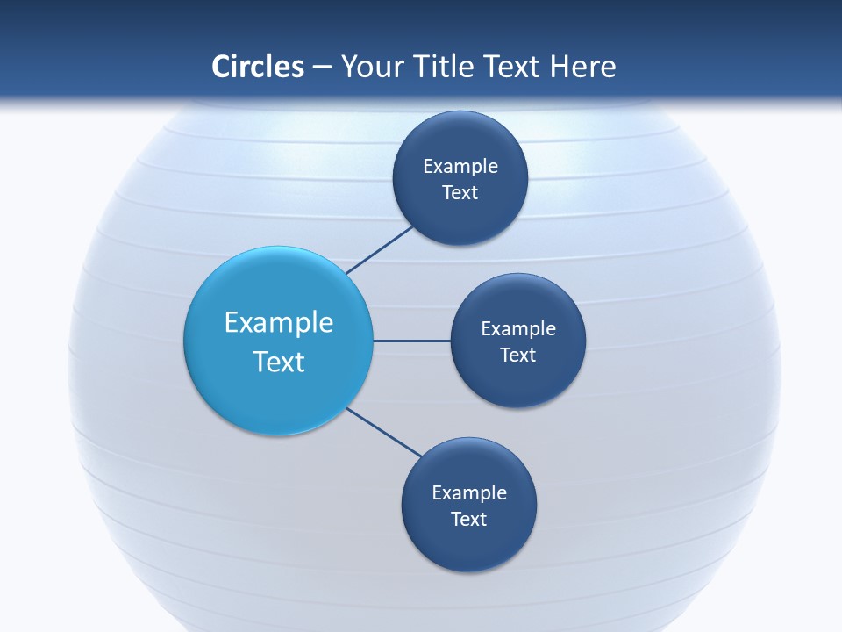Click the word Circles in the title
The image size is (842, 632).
[257, 67]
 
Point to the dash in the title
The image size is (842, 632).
[321, 68]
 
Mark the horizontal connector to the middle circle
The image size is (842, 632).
[412, 341]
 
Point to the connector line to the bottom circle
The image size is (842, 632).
[384, 432]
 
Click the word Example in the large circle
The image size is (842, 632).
[279, 323]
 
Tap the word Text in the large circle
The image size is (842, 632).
[279, 362]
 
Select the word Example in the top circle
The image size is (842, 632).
[460, 167]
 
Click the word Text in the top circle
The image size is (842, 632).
[460, 193]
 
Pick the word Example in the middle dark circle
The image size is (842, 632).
[518, 329]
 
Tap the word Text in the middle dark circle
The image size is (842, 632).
[517, 355]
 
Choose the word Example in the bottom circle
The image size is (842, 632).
[469, 493]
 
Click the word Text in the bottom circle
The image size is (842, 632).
[468, 519]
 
